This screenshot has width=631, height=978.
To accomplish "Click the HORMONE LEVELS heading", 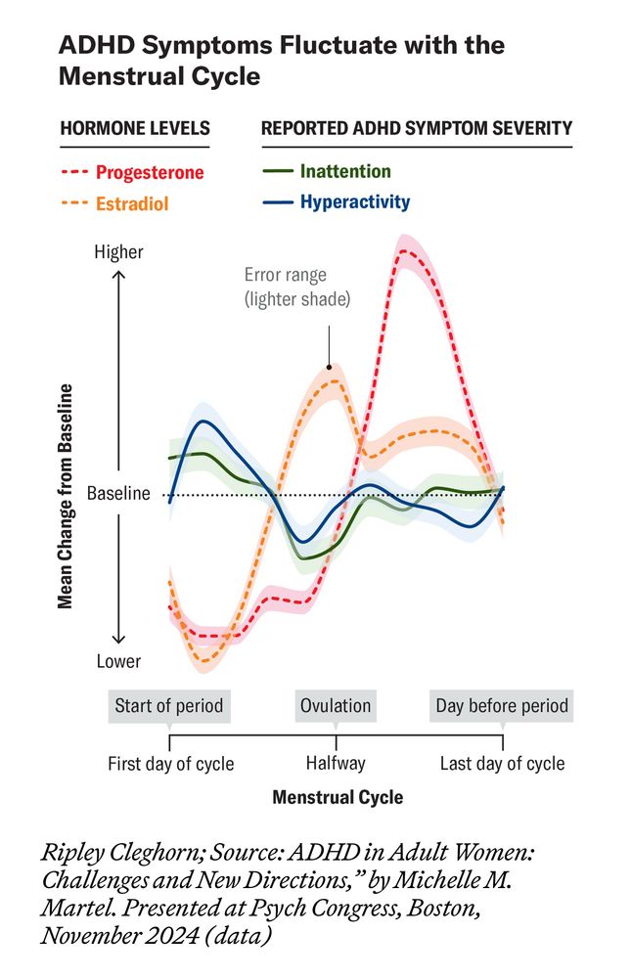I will tap(135, 128).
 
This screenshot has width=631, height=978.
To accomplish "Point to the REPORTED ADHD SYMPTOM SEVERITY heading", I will tap(416, 128).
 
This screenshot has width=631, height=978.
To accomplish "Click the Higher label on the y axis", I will tap(118, 252).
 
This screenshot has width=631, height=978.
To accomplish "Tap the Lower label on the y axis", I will tap(118, 662).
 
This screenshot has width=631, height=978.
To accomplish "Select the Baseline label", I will tap(118, 494).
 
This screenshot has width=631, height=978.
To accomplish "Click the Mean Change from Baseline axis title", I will tap(66, 496).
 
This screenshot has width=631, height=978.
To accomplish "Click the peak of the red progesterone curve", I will tap(406, 252).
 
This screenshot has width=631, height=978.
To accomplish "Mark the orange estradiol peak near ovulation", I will tap(334, 380).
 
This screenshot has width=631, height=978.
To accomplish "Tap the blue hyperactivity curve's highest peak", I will tap(203, 422).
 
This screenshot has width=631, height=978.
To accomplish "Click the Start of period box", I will tap(169, 706).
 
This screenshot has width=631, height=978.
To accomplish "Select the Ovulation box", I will tap(336, 706).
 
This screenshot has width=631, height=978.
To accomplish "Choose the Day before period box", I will tap(502, 706).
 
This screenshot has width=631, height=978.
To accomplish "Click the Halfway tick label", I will tap(336, 763).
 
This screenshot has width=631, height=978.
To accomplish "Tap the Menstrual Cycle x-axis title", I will tap(338, 797).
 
